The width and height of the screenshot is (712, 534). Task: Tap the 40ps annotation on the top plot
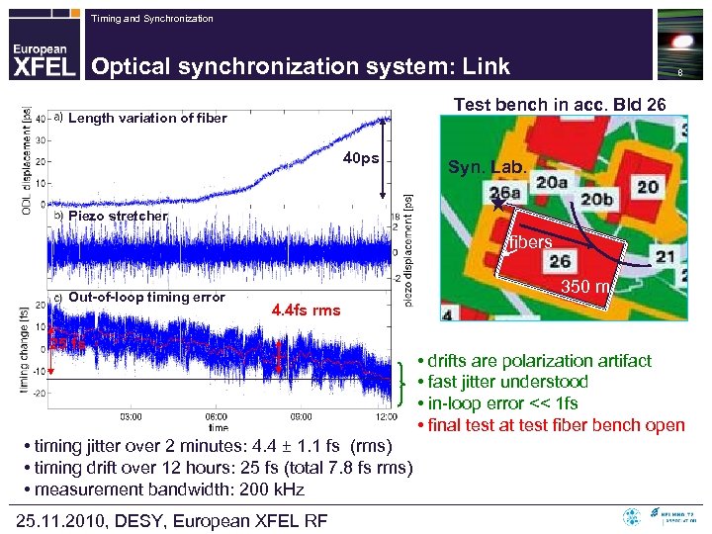click(361, 158)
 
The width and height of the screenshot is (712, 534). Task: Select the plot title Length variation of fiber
click(147, 119)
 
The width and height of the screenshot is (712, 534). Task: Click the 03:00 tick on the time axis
click(131, 416)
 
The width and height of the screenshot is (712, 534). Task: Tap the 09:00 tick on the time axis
click(303, 416)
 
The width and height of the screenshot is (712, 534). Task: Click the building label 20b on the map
click(597, 200)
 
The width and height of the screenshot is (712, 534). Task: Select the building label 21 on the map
click(665, 257)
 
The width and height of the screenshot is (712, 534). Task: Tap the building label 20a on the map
click(552, 182)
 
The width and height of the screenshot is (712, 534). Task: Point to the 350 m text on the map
click(589, 288)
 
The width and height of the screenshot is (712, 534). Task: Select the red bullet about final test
click(550, 425)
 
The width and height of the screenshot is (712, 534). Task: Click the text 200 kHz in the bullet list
click(269, 489)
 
